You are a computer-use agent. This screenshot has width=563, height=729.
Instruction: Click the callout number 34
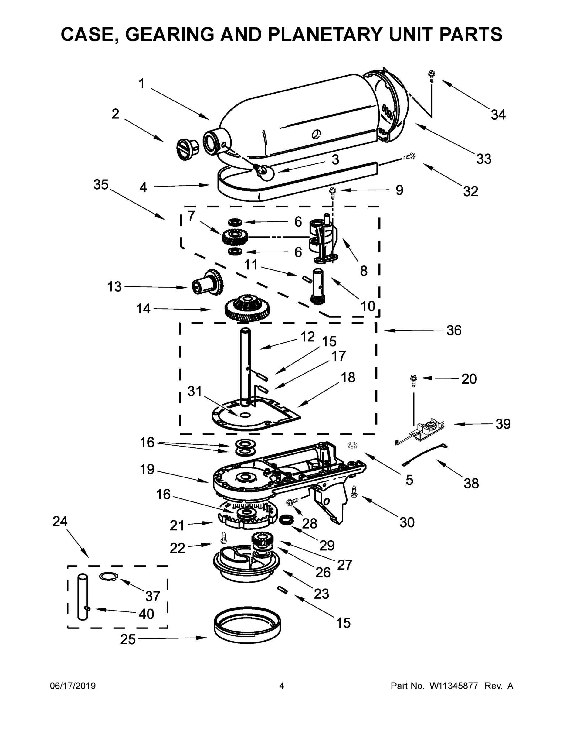(498, 115)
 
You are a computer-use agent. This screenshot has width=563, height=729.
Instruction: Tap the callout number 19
(147, 469)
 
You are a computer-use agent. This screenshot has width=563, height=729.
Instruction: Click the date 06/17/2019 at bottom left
(73, 686)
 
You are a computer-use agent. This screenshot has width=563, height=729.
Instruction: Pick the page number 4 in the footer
(282, 686)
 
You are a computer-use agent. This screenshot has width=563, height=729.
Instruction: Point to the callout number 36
(454, 330)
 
